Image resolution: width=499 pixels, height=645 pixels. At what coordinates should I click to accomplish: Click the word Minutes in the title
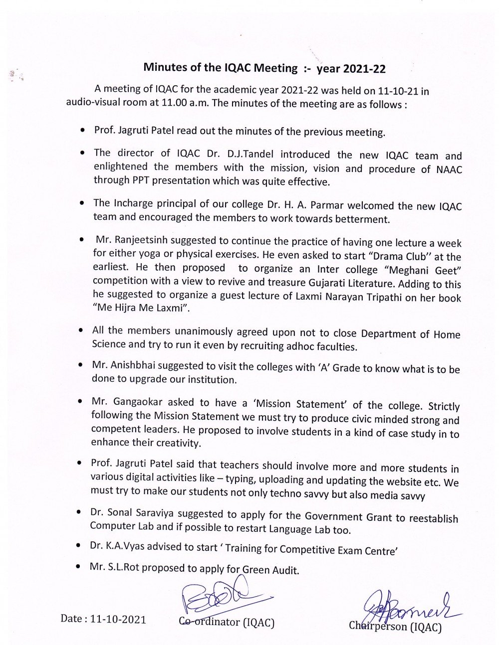pos(163,67)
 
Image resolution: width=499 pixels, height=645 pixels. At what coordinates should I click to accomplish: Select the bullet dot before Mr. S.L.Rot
pos(79,567)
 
